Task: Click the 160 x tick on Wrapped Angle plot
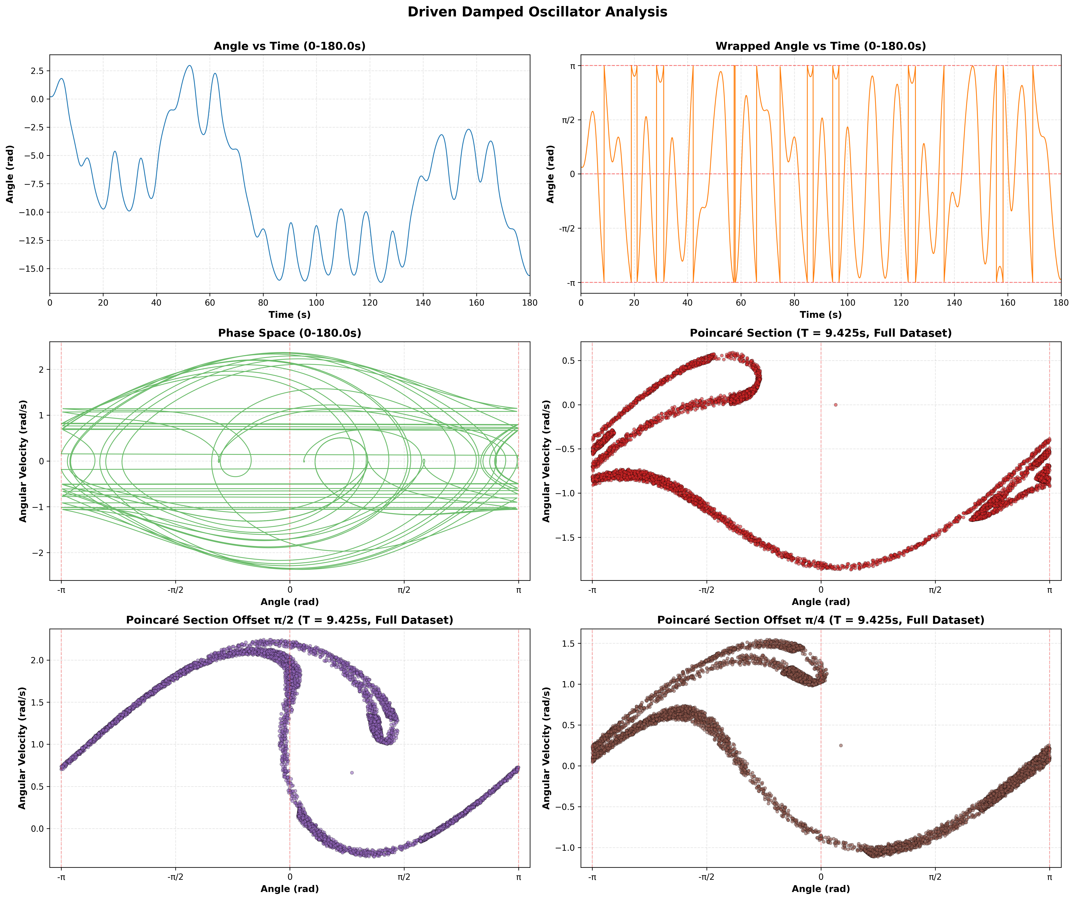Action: pos(1007,303)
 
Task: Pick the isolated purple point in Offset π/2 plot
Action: pos(352,772)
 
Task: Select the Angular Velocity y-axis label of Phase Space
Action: pos(23,461)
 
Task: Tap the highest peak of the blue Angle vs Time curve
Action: pos(190,65)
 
